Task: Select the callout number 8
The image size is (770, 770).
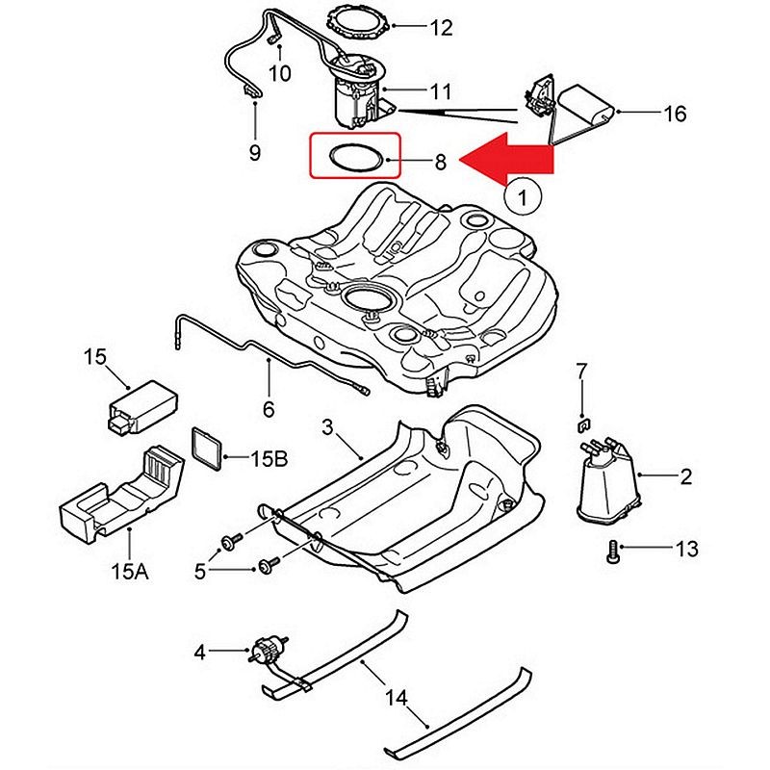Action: pyautogui.click(x=441, y=162)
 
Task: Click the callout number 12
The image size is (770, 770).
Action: pyautogui.click(x=440, y=28)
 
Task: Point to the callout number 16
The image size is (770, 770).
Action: pyautogui.click(x=675, y=114)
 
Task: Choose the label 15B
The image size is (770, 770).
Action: pyautogui.click(x=269, y=460)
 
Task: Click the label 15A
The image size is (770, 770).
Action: pyautogui.click(x=129, y=572)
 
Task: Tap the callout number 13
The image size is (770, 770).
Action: pyautogui.click(x=686, y=550)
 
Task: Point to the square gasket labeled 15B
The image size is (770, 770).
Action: pyautogui.click(x=207, y=449)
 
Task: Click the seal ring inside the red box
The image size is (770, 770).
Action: pyautogui.click(x=351, y=156)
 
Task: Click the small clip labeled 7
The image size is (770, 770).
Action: pyautogui.click(x=582, y=422)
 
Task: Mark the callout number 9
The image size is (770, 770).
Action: pyautogui.click(x=255, y=151)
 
